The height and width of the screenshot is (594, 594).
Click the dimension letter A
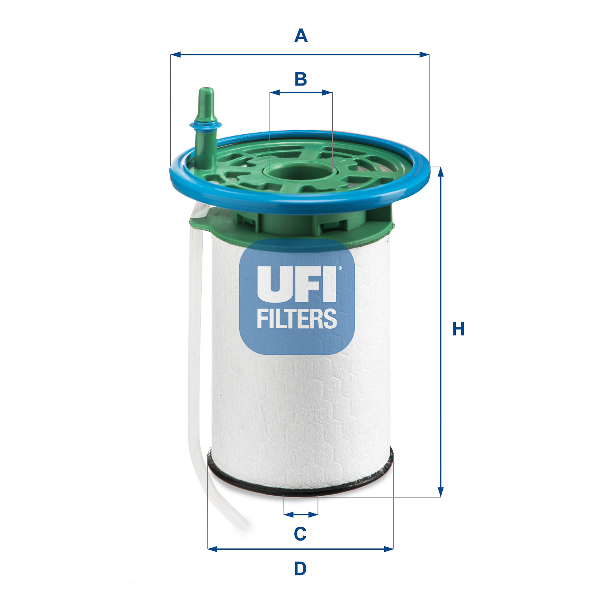tap(301, 36)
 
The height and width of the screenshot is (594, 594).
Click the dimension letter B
tap(301, 79)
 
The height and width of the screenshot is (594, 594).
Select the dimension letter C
tap(300, 534)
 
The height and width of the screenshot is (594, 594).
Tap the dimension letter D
tap(300, 569)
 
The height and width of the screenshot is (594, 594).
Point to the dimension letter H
tap(458, 329)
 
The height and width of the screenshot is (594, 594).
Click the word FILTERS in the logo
tap(297, 319)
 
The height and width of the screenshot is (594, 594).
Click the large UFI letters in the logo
tap(296, 284)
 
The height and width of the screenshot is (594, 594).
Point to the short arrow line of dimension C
tap(301, 514)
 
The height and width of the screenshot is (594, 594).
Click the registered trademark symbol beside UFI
tap(340, 268)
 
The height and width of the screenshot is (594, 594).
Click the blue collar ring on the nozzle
tap(206, 125)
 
